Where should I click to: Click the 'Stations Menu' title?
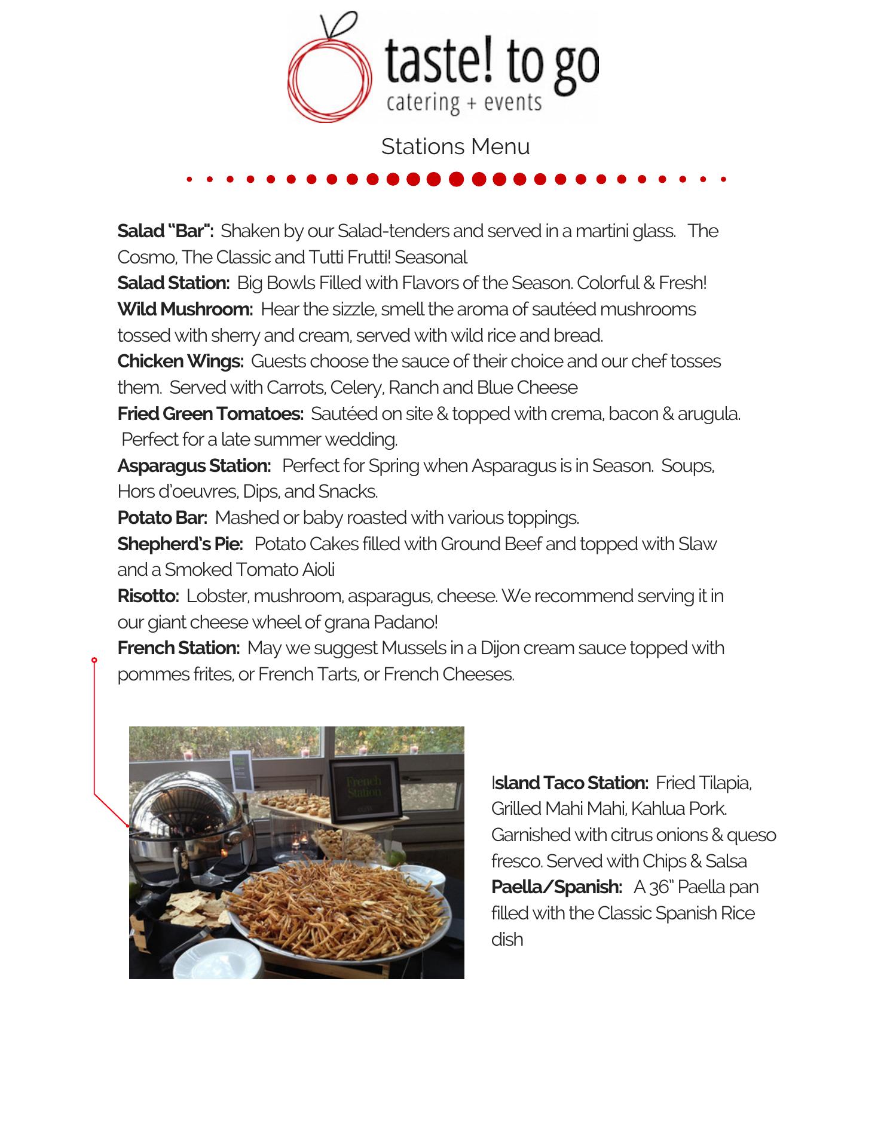pos(455,146)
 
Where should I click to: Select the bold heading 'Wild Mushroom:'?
pos(185,309)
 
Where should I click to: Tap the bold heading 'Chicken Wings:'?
pos(181,361)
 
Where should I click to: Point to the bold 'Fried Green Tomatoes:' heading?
pos(210,413)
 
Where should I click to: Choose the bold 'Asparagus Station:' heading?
pos(194,465)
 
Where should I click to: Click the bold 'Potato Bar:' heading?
pos(162,517)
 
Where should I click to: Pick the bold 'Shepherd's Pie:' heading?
pos(180,544)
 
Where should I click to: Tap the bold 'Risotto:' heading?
pos(148,596)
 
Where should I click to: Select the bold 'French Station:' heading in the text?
pos(179,648)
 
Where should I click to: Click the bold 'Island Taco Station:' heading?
pos(570,783)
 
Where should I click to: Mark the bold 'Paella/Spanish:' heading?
pos(556,887)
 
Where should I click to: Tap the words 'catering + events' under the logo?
pos(464,103)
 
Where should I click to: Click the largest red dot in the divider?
pos(456,179)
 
